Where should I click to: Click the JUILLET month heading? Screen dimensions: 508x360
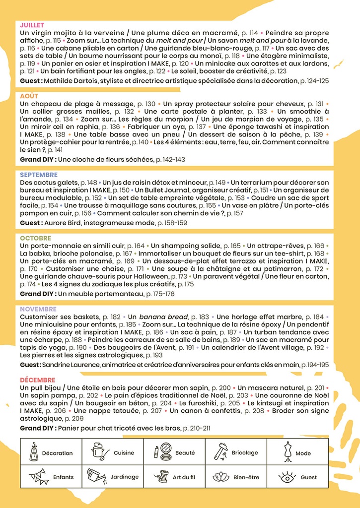pyautogui.click(x=32, y=25)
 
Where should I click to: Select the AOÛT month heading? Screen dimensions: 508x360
pyautogui.click(x=29, y=96)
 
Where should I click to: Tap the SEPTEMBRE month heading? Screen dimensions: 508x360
pyautogui.click(x=39, y=175)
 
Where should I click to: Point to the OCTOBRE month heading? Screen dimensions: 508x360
pyautogui.click(x=36, y=238)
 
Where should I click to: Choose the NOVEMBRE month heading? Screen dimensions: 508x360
pyautogui.click(x=39, y=309)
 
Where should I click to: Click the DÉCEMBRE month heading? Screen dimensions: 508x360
pyautogui.click(x=38, y=380)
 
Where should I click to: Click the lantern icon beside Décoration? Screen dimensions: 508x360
pyautogui.click(x=34, y=451)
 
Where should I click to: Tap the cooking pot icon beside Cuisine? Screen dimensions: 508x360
pyautogui.click(x=98, y=451)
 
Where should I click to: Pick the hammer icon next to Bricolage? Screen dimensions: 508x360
pyautogui.click(x=220, y=451)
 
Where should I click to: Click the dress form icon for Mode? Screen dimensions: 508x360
pyautogui.click(x=288, y=452)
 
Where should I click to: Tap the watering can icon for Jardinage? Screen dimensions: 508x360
pyautogui.click(x=96, y=476)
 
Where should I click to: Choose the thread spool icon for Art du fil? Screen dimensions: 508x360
pyautogui.click(x=161, y=477)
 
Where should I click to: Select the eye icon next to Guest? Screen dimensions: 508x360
pyautogui.click(x=288, y=477)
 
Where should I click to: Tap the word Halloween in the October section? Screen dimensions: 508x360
pyautogui.click(x=159, y=276)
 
